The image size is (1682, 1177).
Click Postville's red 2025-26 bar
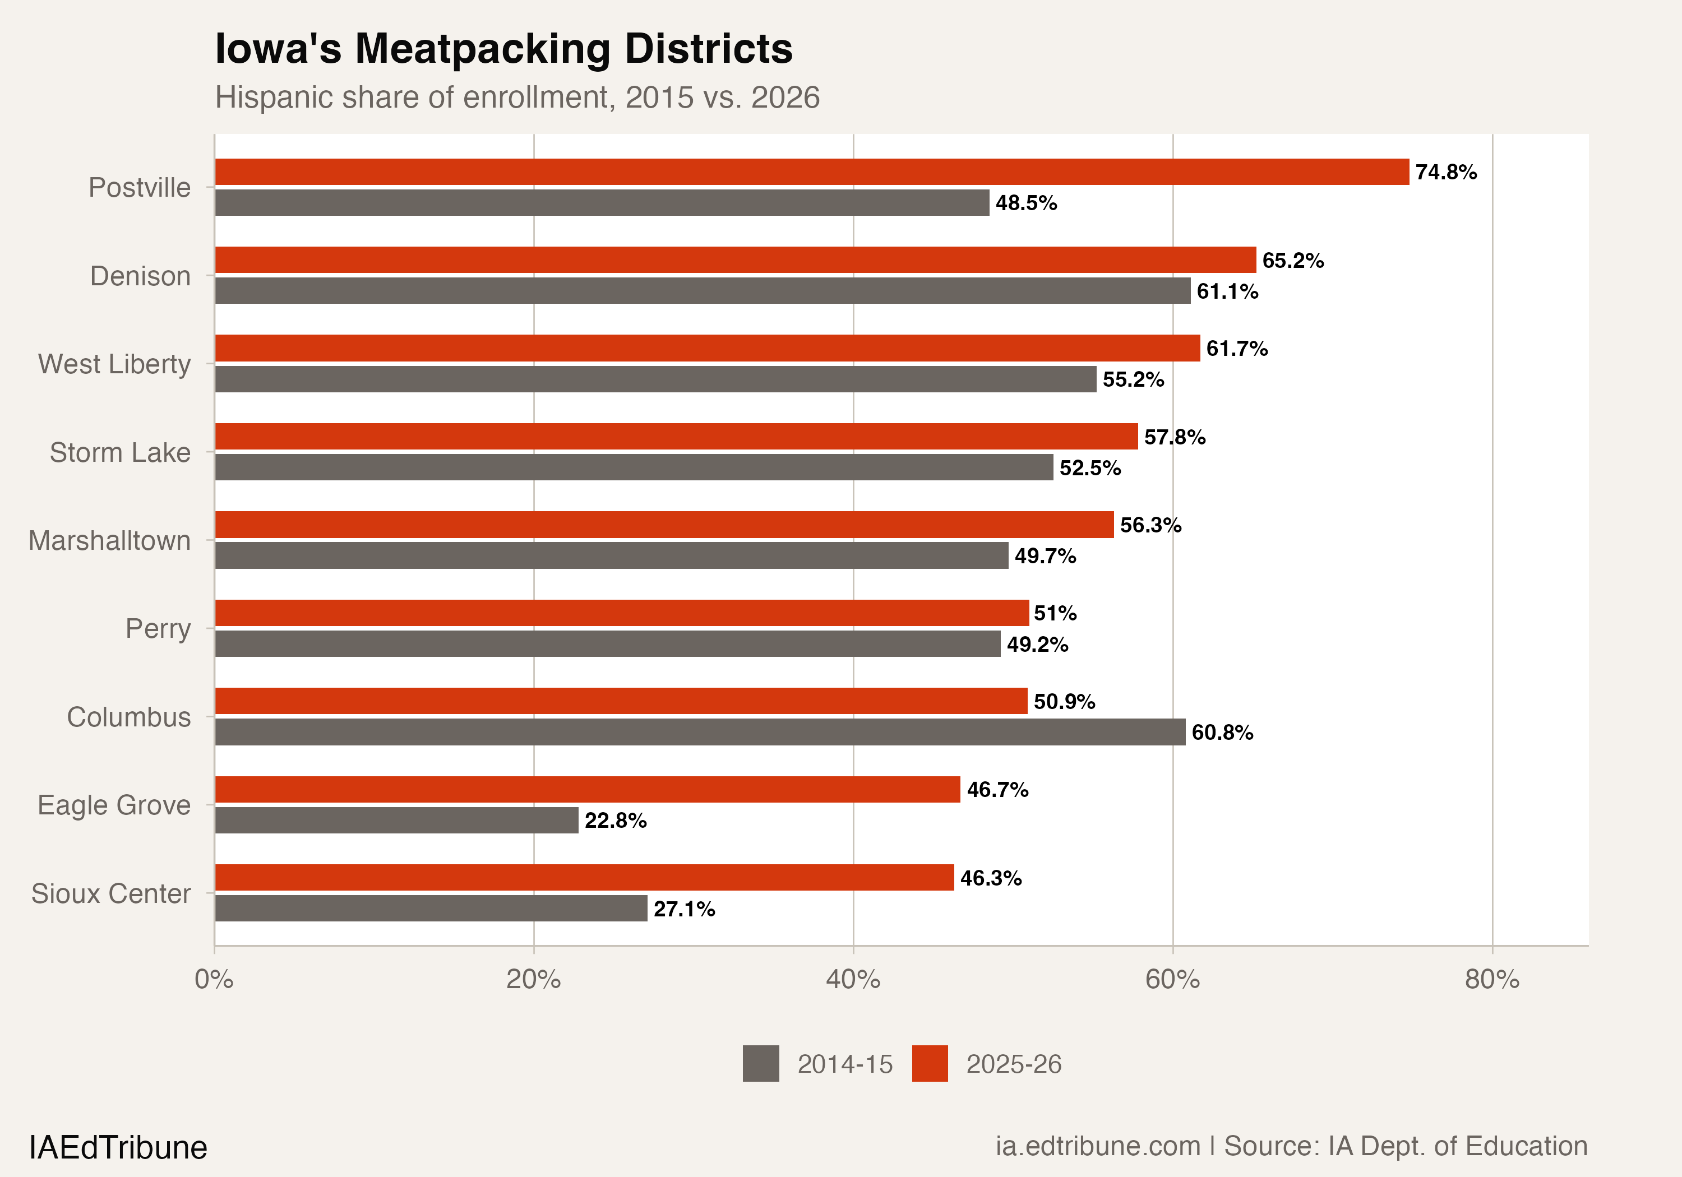coord(812,172)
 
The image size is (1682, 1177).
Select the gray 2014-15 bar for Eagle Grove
coord(396,821)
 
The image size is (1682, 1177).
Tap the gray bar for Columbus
coord(700,731)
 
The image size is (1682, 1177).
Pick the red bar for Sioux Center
coord(584,878)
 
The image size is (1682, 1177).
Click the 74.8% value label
coord(1445,172)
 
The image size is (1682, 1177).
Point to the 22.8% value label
coord(616,821)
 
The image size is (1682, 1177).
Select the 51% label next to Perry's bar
coord(1055,613)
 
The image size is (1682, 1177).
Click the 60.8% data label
coord(1222,733)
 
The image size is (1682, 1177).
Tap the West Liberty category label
coord(114,364)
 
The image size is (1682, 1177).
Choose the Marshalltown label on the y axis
coord(109,540)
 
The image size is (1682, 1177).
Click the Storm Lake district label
coord(119,453)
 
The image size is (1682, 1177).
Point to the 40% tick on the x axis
coord(853,979)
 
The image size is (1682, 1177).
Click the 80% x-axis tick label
coord(1491,979)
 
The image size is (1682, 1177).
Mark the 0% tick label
coord(214,979)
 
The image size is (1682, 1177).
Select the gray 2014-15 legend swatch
coord(760,1063)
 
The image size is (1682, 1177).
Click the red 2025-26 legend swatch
coord(930,1063)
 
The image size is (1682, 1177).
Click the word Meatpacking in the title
coord(482,49)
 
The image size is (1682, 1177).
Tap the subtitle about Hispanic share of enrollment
coord(517,98)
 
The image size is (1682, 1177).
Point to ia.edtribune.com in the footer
coord(1097,1146)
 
